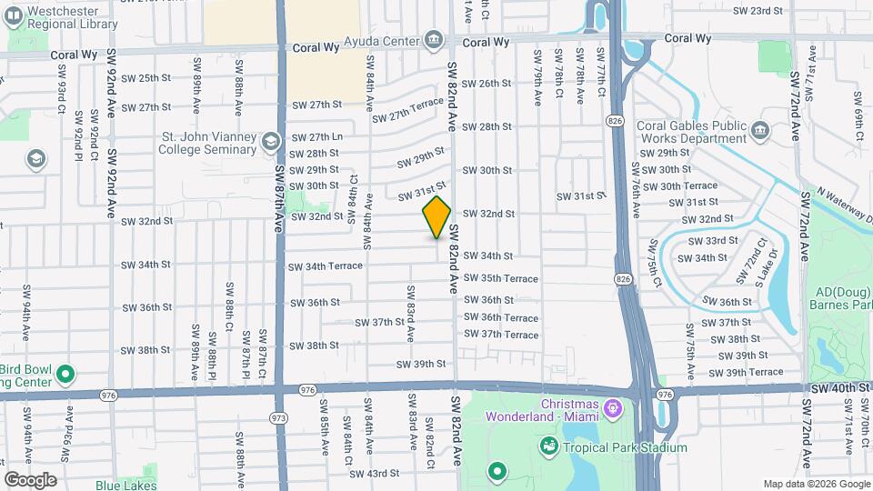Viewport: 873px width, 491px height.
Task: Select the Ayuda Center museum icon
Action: [433, 41]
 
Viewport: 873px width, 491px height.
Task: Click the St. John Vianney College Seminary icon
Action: [270, 142]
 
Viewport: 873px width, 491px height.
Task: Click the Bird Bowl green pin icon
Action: [65, 374]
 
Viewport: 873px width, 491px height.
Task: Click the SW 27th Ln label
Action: [317, 137]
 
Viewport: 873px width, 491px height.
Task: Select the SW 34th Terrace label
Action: [325, 266]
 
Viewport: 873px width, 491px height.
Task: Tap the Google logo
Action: [30, 479]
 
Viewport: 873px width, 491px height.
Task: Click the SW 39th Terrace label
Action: [745, 372]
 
